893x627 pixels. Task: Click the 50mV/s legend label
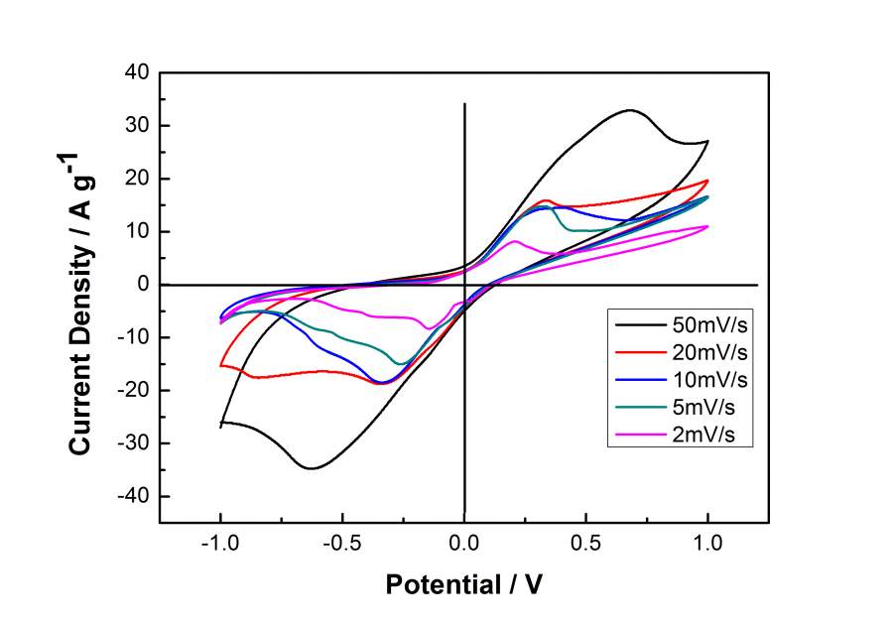711,323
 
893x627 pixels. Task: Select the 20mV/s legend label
711,352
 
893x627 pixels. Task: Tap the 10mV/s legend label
711,380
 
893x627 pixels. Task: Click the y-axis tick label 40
136,72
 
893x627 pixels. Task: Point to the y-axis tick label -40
132,496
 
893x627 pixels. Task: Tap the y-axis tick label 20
136,179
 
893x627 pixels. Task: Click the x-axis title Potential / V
464,585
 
